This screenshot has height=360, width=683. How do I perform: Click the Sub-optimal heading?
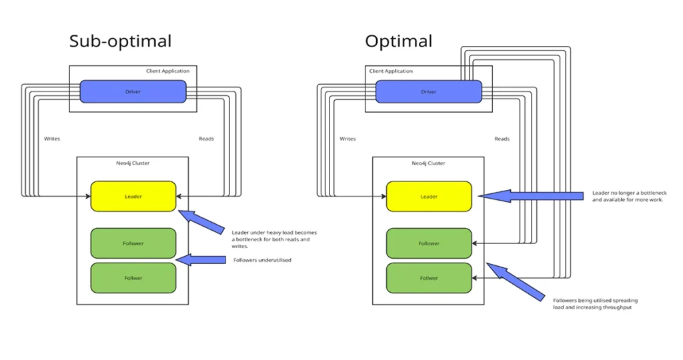point(120,41)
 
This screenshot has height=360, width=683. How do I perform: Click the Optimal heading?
point(398,41)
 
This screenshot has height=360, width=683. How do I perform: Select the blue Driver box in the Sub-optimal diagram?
point(133,91)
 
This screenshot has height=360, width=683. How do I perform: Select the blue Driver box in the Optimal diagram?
point(428,91)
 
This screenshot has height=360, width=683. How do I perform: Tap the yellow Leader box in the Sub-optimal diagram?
point(133,197)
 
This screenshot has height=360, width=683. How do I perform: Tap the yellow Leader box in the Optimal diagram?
point(429,197)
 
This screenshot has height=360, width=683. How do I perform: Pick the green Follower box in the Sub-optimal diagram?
point(133,243)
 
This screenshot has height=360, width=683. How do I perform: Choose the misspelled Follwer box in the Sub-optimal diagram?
point(133,278)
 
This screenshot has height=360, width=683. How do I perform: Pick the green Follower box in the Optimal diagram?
point(429,243)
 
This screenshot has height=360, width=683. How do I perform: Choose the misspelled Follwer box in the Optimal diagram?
point(429,278)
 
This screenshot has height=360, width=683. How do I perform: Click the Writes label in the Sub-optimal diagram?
point(52,139)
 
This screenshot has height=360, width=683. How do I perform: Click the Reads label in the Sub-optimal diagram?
point(206,139)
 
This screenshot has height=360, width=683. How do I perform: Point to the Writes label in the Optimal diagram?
point(348,139)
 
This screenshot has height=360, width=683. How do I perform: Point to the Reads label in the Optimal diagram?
point(502,139)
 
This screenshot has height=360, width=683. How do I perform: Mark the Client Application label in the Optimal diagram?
point(391,71)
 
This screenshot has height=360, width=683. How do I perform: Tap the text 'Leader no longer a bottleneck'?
point(627,193)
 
